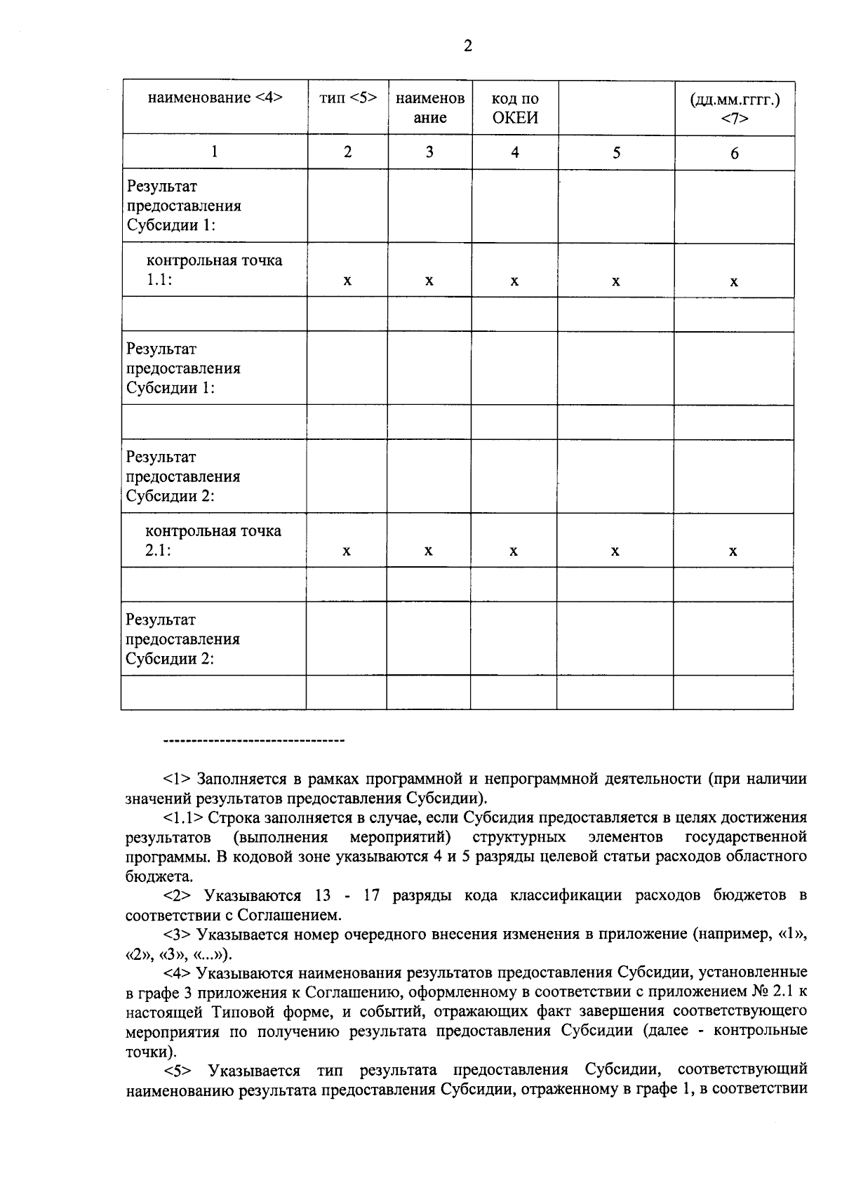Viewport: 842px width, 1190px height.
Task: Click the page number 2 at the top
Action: (x=468, y=46)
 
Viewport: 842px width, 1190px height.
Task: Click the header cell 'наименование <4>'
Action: (x=215, y=98)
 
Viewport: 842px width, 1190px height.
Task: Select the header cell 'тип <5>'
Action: (x=348, y=98)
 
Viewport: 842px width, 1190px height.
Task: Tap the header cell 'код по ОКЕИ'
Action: (x=515, y=107)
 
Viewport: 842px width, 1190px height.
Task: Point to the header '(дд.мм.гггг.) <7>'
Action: (x=735, y=108)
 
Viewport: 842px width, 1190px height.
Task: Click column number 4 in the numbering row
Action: (x=515, y=152)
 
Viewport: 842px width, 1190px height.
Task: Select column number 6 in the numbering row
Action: (x=735, y=153)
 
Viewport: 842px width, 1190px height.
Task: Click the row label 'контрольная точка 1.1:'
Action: (x=213, y=270)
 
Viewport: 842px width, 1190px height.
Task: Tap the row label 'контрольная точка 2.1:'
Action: (x=213, y=540)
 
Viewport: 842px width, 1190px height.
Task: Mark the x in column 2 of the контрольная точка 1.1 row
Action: (x=347, y=281)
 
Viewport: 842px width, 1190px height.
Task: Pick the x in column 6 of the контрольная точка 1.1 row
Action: (x=734, y=282)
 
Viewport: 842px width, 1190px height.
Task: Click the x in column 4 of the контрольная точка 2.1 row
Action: (x=514, y=551)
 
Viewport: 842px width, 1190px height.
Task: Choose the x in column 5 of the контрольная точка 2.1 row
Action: (x=615, y=551)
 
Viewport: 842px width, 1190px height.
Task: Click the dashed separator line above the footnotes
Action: (x=253, y=740)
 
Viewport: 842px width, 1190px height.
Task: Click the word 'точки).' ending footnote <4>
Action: (x=150, y=1052)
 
